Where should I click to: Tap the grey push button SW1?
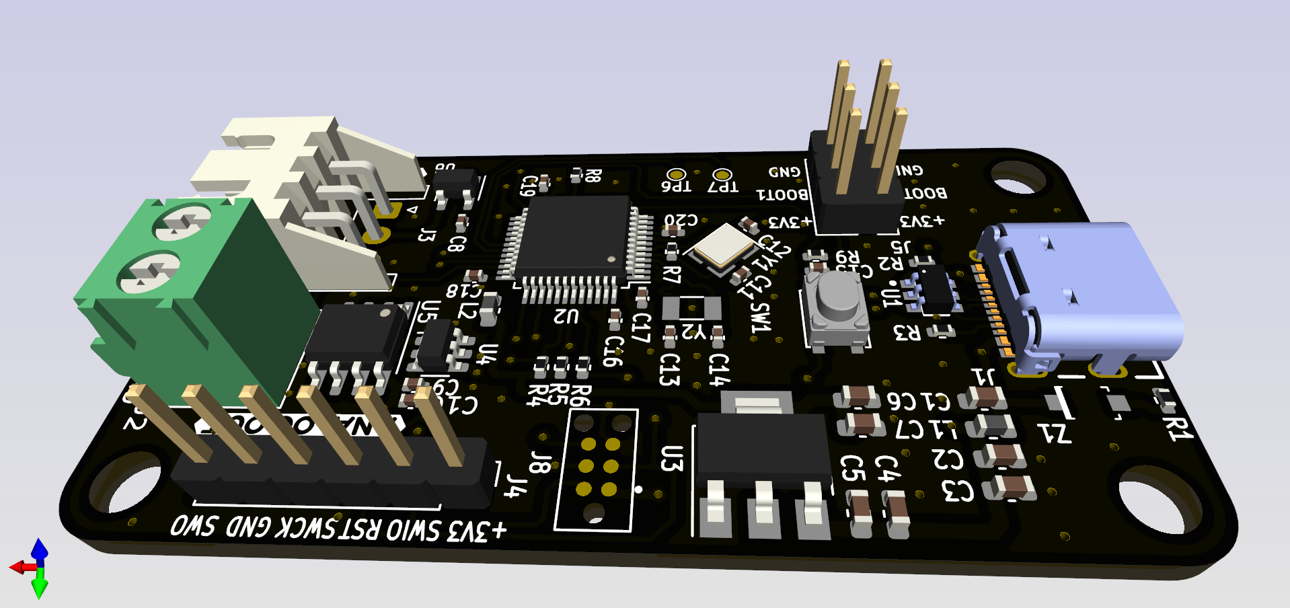837,296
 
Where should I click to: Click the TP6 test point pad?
676,175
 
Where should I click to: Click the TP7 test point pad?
722,176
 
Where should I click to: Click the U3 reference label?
672,458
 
